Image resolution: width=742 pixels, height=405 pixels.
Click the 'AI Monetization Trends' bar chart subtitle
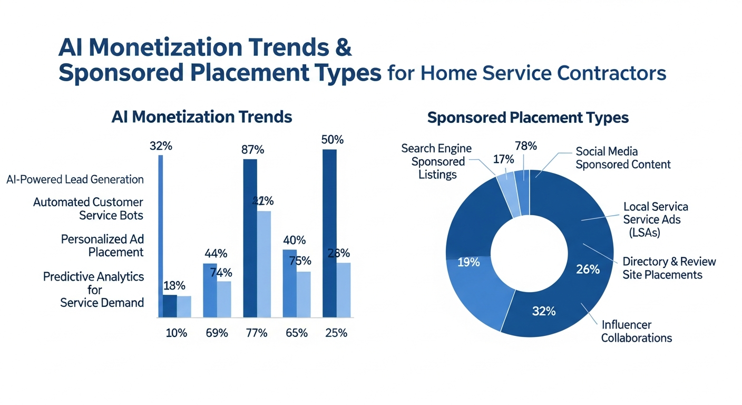point(202,117)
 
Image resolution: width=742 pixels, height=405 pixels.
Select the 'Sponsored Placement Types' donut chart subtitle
point(528,117)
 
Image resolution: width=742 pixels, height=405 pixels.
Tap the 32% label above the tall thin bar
point(160,146)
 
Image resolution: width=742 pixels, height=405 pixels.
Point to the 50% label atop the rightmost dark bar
point(332,140)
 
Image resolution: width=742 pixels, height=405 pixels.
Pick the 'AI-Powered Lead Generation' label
point(75,179)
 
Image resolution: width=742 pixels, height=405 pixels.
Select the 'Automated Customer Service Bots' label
point(88,208)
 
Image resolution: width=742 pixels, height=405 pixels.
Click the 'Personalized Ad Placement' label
point(102,245)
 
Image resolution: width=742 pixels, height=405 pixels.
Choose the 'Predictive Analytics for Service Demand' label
point(94,290)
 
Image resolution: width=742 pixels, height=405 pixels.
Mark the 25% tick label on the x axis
point(336,333)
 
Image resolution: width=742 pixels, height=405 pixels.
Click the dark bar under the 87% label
point(250,237)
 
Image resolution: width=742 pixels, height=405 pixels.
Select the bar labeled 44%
point(210,290)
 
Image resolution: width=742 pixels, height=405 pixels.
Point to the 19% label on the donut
point(468,262)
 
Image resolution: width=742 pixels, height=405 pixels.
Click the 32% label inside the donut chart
point(543,311)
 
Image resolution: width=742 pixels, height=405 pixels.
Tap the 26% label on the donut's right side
point(588,269)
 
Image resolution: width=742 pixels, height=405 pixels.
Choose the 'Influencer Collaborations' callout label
point(637,331)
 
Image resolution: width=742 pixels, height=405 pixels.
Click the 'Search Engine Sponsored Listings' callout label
point(437,161)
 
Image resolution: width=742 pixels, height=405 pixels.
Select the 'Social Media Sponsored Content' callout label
point(623,158)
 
